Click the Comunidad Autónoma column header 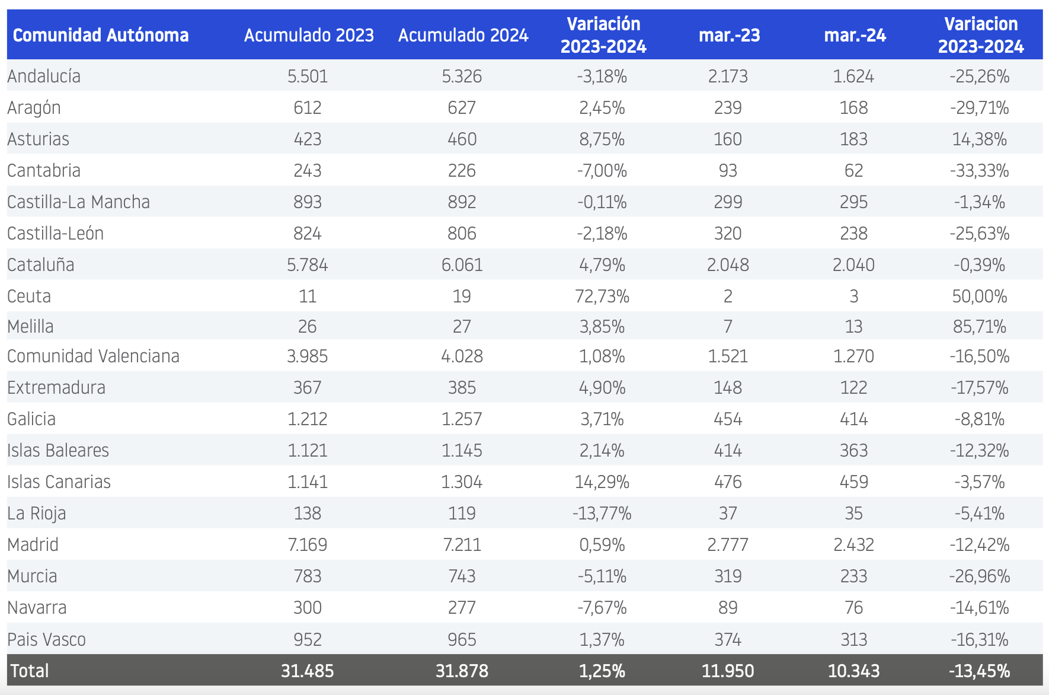[x=101, y=35]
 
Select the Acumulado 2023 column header [x=309, y=35]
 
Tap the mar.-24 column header [x=855, y=35]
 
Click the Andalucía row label [x=44, y=76]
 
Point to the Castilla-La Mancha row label [x=78, y=202]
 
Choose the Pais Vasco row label [x=46, y=639]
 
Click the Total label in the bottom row [x=30, y=671]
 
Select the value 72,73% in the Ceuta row [x=602, y=296]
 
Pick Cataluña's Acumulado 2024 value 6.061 [x=462, y=264]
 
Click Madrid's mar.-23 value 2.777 [x=728, y=544]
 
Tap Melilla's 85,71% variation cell [x=980, y=326]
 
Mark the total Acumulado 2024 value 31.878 [x=462, y=671]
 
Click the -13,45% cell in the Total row [x=980, y=671]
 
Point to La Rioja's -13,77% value [x=602, y=513]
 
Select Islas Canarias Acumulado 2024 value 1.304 [x=462, y=482]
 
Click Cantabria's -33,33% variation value [x=980, y=170]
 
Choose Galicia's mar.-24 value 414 [x=854, y=419]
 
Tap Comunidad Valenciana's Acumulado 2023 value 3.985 [x=308, y=356]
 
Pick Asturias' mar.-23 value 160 [x=728, y=139]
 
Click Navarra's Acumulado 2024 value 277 [x=462, y=607]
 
